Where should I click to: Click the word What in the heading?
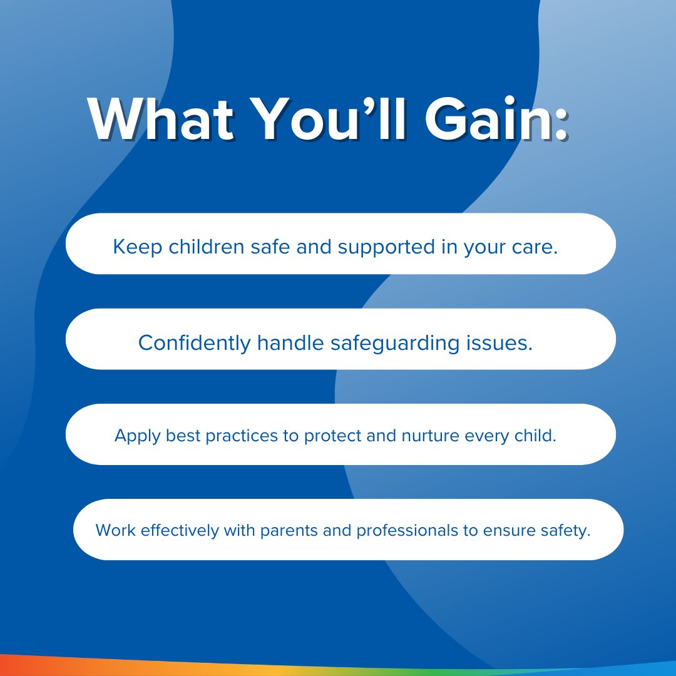[161, 120]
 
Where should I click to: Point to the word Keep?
[138, 247]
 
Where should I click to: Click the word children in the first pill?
[207, 247]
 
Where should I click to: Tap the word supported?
[386, 247]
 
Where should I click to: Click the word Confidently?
[195, 344]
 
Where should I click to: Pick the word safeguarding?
[395, 344]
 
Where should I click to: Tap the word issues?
[499, 343]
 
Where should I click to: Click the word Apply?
[138, 436]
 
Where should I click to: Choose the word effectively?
[180, 531]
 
